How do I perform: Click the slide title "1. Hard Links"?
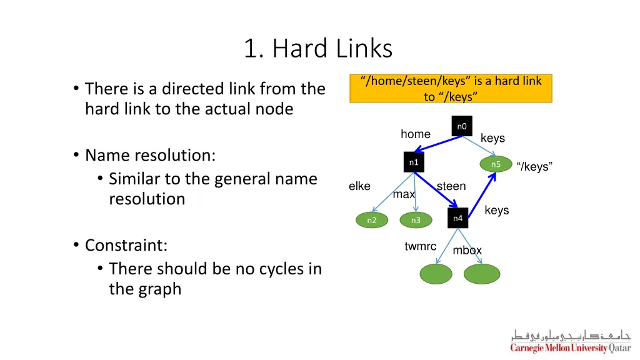point(318,49)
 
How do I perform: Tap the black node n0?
point(461,126)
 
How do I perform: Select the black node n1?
point(413,162)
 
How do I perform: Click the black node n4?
point(457,218)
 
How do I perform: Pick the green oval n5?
point(496,164)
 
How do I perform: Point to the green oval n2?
point(372,220)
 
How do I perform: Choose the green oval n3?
point(416,220)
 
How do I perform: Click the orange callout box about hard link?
point(451,88)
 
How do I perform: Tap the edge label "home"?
point(416,134)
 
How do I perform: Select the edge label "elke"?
point(359,186)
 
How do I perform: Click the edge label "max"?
point(404,194)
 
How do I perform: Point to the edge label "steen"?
point(451,186)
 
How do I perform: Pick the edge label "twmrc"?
point(420,246)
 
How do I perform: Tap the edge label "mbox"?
point(467,251)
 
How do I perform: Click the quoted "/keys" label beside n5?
point(534,167)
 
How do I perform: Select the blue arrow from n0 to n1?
point(438,143)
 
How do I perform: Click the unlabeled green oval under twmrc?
point(436,274)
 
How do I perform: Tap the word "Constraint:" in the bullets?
point(126,245)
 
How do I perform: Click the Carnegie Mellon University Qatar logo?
point(570,341)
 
